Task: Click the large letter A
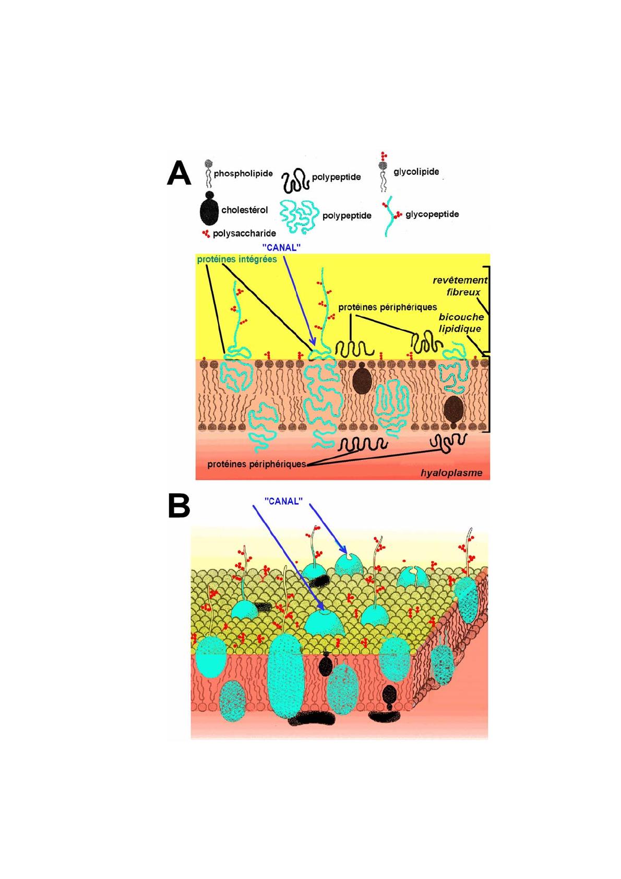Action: pyautogui.click(x=179, y=173)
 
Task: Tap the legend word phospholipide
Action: pyautogui.click(x=243, y=173)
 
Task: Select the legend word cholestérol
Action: pyautogui.click(x=244, y=210)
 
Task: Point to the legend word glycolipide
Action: pyautogui.click(x=416, y=172)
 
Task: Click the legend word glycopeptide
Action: pyautogui.click(x=432, y=214)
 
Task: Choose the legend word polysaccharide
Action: pyautogui.click(x=244, y=234)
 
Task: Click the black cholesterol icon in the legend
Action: pyautogui.click(x=208, y=208)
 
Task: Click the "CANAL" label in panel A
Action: pyautogui.click(x=281, y=247)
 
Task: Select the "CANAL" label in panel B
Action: pyautogui.click(x=284, y=501)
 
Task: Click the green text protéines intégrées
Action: pyautogui.click(x=237, y=259)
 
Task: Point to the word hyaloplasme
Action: pyautogui.click(x=451, y=473)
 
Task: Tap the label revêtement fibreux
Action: pyautogui.click(x=460, y=286)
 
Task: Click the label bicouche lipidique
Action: pyautogui.click(x=461, y=323)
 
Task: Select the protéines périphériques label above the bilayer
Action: pyautogui.click(x=387, y=307)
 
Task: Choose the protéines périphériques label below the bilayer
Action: pyautogui.click(x=256, y=464)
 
